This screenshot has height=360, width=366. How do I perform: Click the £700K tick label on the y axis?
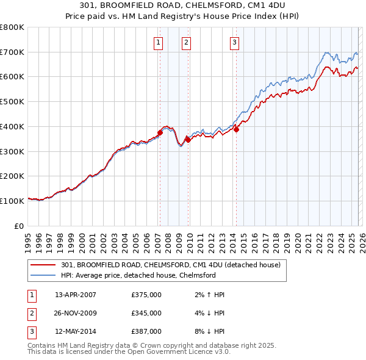12,52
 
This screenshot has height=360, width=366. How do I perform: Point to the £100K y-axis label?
12,201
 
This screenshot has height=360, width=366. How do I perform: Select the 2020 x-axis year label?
297,239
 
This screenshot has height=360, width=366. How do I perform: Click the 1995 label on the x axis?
27,239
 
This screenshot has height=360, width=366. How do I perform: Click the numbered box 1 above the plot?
159,42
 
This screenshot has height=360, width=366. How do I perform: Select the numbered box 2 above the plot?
186,42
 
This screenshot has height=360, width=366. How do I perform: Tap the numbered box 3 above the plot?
235,42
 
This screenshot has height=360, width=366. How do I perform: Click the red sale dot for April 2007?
160,132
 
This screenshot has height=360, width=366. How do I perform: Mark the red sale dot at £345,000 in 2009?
188,140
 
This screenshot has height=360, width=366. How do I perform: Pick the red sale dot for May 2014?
236,129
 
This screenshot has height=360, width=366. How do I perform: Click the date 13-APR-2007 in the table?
76,295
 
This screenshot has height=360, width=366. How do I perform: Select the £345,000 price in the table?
146,313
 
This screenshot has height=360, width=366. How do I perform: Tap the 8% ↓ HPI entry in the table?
208,331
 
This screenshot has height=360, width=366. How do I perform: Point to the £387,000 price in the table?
146,331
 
